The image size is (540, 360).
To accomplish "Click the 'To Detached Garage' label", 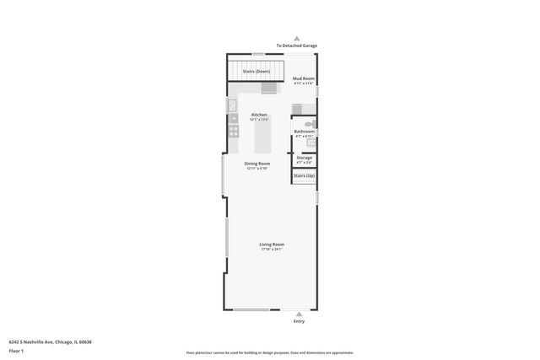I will [x=296, y=46].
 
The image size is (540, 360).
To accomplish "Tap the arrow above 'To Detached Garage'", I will [x=296, y=38].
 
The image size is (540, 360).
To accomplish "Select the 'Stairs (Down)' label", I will [x=256, y=72].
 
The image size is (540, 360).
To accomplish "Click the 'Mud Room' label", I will [x=303, y=78].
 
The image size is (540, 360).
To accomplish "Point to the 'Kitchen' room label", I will [x=259, y=115].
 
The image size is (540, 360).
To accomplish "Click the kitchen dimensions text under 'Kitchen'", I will [x=259, y=120].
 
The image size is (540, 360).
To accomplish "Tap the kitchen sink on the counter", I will [x=233, y=105].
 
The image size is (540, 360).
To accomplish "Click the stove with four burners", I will [x=233, y=131].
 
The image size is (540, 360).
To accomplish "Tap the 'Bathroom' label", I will [x=304, y=132].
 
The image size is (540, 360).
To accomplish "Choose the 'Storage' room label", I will [x=304, y=158].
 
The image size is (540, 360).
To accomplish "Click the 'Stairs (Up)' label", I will [x=304, y=175].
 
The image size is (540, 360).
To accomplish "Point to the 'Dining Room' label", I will [x=257, y=163].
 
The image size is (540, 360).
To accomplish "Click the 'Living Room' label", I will [x=272, y=244].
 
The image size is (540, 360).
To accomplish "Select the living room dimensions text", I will [x=272, y=249].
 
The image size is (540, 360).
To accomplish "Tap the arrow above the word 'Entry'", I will [x=299, y=314].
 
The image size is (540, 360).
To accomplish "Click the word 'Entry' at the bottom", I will [x=299, y=321].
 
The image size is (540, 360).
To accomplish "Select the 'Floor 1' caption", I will [x=17, y=351].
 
